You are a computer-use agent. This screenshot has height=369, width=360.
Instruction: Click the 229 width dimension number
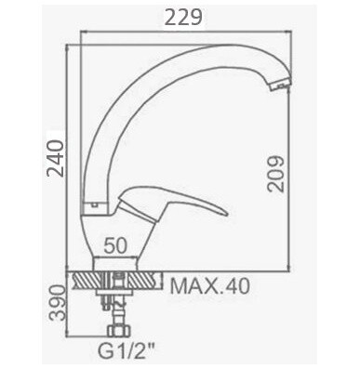pyautogui.click(x=183, y=18)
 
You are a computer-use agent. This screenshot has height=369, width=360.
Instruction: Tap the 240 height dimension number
pyautogui.click(x=55, y=158)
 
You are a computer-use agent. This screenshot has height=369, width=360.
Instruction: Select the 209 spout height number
pyautogui.click(x=275, y=174)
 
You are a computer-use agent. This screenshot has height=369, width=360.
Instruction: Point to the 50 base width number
pyautogui.click(x=115, y=246)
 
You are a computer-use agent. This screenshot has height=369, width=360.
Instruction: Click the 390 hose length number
pyautogui.click(x=57, y=303)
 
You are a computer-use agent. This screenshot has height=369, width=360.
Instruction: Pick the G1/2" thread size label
pyautogui.click(x=127, y=350)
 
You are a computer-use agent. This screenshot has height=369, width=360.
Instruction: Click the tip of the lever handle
pyautogui.click(x=227, y=214)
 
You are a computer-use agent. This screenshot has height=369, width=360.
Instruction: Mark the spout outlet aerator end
pyautogui.click(x=281, y=85)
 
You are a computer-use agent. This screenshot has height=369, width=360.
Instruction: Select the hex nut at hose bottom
pyautogui.click(x=119, y=330)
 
